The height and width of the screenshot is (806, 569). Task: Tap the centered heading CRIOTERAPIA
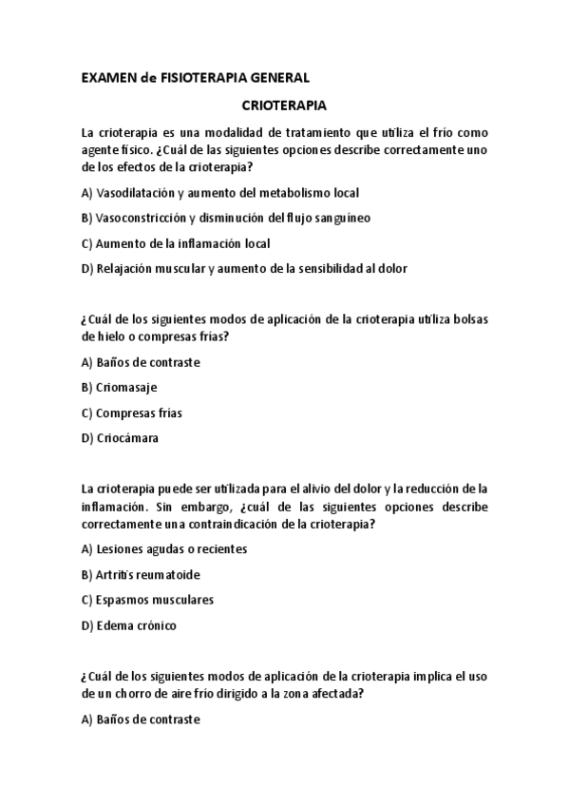tap(284, 106)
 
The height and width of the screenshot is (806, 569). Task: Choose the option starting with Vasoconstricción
tap(226, 218)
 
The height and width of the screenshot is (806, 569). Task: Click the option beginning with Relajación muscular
tap(244, 268)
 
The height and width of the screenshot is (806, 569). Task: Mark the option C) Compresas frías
tap(132, 413)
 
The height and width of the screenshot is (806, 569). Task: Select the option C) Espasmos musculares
tap(147, 600)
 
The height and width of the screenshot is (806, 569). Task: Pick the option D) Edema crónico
tap(129, 625)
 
